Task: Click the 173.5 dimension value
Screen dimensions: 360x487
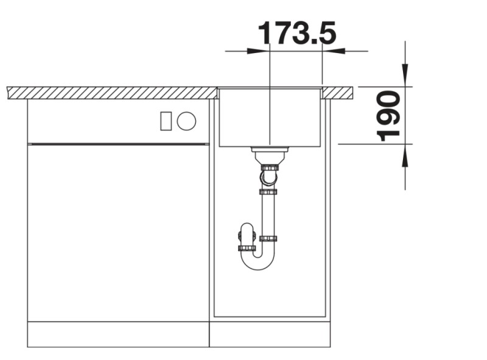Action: click(x=296, y=33)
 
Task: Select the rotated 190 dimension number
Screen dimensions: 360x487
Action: click(x=388, y=116)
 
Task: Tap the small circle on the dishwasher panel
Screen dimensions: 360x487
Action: click(x=187, y=121)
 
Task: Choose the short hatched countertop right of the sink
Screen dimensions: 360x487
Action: click(x=337, y=93)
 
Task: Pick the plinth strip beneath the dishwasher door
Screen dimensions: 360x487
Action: click(x=118, y=334)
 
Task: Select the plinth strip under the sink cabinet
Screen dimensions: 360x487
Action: click(x=269, y=334)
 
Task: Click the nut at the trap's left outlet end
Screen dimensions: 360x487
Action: click(x=247, y=248)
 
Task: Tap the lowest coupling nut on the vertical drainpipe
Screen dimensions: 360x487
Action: click(x=268, y=238)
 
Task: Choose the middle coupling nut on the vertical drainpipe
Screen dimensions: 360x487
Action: click(x=268, y=192)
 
